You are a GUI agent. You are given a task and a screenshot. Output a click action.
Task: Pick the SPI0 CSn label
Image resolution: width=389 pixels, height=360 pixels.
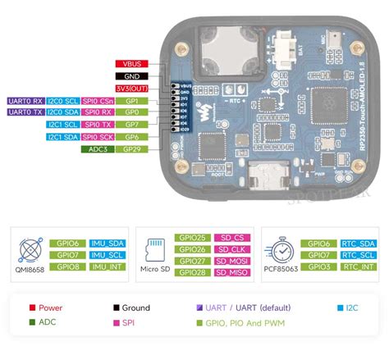click(x=97, y=100)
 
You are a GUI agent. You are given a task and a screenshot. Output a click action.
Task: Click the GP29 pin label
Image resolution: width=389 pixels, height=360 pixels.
click(x=130, y=149)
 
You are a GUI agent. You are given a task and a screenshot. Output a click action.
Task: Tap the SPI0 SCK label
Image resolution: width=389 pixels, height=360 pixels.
click(x=97, y=137)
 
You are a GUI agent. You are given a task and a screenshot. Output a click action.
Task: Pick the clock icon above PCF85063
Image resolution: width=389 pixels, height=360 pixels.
click(x=281, y=245)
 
